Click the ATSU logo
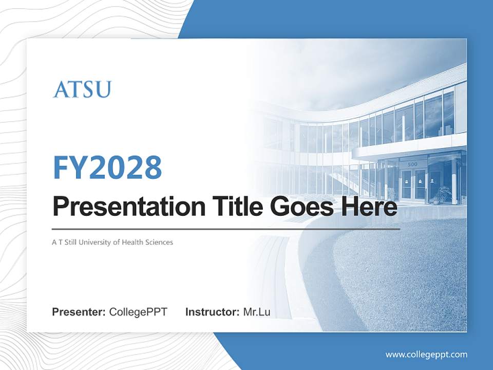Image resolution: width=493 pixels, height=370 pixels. click(x=82, y=89)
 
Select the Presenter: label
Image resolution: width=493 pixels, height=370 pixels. click(x=79, y=312)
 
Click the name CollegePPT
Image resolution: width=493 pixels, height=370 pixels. click(x=138, y=312)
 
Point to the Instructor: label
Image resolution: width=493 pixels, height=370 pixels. click(x=212, y=312)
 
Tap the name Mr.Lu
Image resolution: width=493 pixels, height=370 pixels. click(x=256, y=312)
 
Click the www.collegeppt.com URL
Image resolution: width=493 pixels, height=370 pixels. click(x=426, y=354)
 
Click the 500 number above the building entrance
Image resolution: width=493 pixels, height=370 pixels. click(x=412, y=164)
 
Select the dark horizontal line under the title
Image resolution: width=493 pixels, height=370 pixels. click(x=226, y=229)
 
